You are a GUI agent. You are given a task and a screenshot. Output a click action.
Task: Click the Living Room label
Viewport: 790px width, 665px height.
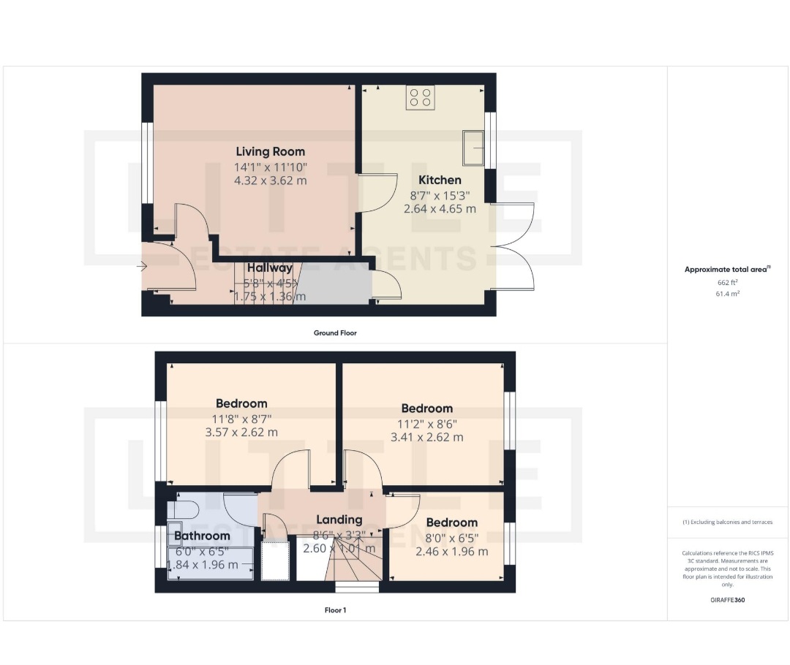click(x=270, y=152)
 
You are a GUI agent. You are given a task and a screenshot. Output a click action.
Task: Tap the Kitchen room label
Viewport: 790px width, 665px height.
click(x=440, y=180)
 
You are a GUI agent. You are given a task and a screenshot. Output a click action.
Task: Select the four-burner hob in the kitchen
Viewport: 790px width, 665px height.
click(x=420, y=99)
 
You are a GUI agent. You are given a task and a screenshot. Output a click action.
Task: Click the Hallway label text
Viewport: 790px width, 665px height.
click(x=269, y=268)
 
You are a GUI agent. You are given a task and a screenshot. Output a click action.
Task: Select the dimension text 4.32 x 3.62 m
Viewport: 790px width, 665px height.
click(x=270, y=180)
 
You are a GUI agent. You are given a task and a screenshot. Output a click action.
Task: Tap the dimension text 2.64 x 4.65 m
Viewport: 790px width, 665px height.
click(x=440, y=208)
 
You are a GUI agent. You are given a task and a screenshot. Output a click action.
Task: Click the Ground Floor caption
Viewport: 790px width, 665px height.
click(x=335, y=332)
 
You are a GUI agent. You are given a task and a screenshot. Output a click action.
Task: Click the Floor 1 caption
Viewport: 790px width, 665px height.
click(x=335, y=609)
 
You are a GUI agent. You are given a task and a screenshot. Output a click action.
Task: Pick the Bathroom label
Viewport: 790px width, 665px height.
click(x=202, y=536)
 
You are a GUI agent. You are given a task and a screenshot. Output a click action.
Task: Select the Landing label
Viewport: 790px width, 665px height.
click(x=338, y=520)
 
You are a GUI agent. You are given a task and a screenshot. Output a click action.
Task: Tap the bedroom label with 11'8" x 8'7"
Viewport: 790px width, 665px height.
click(x=241, y=403)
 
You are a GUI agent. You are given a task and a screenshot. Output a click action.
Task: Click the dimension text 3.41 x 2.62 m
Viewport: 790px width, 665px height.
click(x=426, y=438)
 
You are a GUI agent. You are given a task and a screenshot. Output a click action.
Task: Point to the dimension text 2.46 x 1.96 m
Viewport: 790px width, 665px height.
click(x=451, y=552)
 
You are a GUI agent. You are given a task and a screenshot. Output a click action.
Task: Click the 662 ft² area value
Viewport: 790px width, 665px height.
click(x=726, y=282)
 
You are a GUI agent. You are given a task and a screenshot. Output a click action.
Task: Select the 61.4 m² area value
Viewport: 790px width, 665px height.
click(x=726, y=293)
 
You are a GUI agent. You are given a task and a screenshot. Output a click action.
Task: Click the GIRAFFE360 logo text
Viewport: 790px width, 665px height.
click(x=727, y=600)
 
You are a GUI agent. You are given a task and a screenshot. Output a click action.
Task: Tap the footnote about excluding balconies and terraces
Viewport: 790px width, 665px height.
click(x=726, y=522)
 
